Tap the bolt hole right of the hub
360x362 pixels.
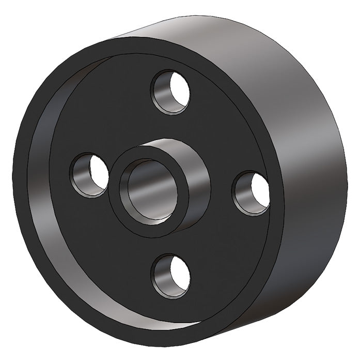(x=251, y=192)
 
